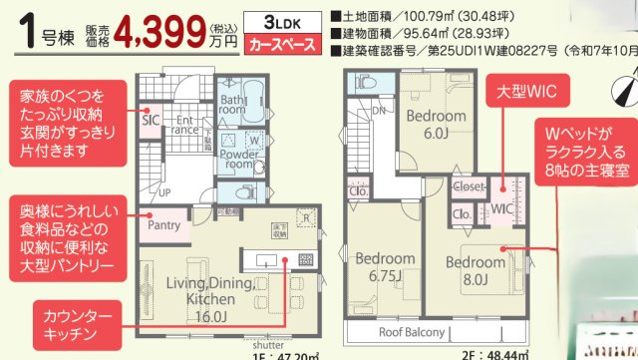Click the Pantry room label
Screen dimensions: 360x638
point(164,225)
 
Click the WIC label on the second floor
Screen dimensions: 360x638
point(501,209)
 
